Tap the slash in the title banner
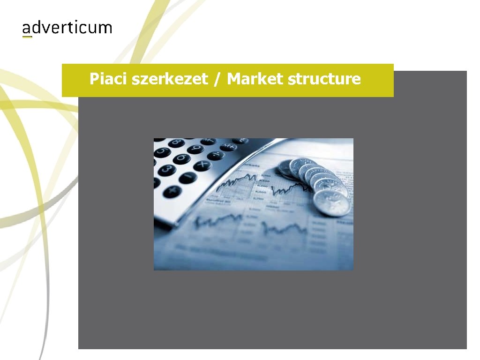point(217,79)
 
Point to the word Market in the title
point(255,79)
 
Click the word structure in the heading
point(325,79)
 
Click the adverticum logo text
point(67,28)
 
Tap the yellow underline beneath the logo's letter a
point(27,37)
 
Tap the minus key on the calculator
point(187,178)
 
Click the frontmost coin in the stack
point(332,202)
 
